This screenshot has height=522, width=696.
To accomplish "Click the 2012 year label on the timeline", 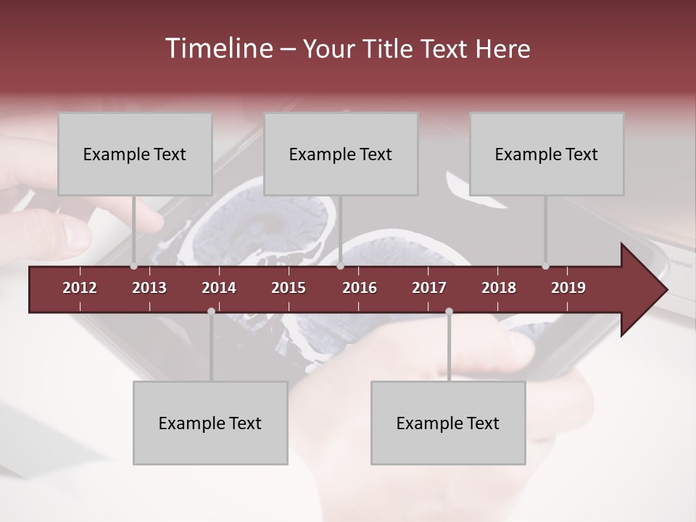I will (80, 288).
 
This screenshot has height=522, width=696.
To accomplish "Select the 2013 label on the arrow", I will (149, 288).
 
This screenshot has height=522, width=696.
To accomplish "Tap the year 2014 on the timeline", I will (219, 288).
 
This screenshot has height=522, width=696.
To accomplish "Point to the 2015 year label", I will (289, 288).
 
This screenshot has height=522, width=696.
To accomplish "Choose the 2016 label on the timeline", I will (360, 288).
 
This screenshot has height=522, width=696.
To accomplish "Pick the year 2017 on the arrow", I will (429, 288).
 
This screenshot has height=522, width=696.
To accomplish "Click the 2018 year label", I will (499, 288).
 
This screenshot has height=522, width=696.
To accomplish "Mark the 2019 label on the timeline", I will (568, 288).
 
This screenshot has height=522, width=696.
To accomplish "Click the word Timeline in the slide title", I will (217, 49).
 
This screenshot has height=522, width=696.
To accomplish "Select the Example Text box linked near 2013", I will (135, 154).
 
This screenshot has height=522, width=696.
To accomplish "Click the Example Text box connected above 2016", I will (341, 154).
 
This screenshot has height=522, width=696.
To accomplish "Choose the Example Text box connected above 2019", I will (547, 154).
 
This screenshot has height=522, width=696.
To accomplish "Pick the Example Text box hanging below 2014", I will (210, 423).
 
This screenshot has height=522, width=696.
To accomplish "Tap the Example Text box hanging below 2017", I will (448, 423).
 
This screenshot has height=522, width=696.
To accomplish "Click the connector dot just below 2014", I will (211, 311).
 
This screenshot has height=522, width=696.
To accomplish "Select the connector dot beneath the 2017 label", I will (449, 311).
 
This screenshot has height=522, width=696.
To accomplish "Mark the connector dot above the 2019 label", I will (545, 266).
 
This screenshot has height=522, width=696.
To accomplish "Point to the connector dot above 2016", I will (340, 266).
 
